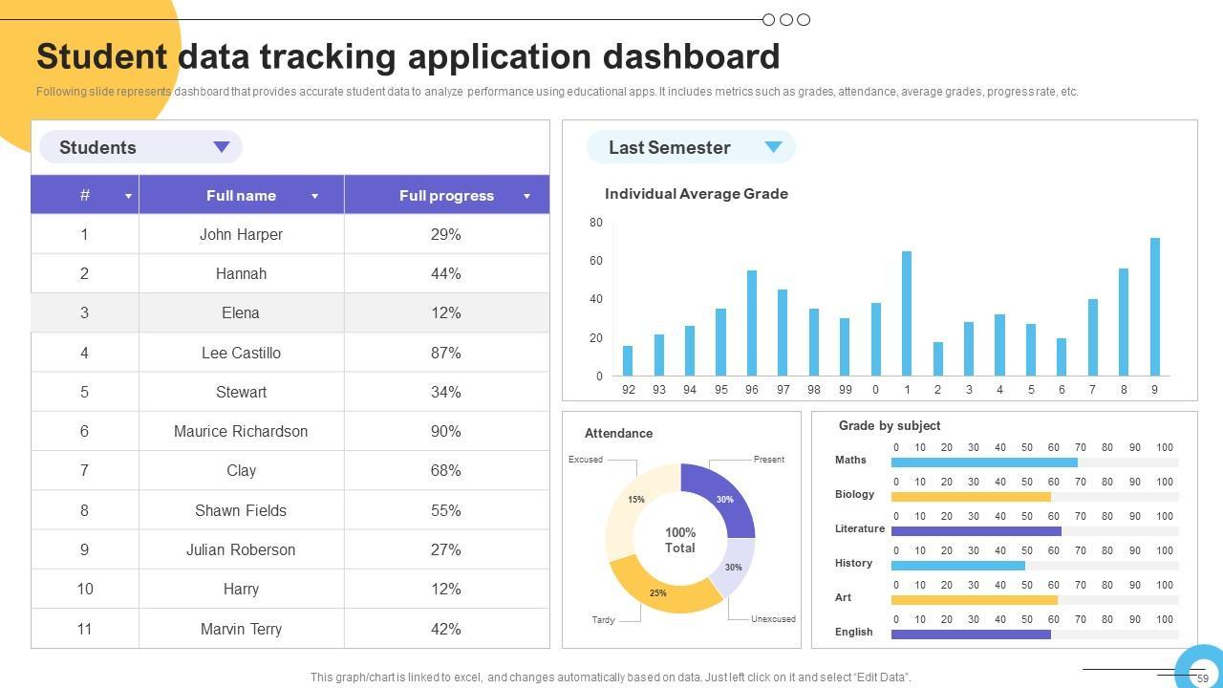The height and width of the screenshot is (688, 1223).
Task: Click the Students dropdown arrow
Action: pyautogui.click(x=222, y=147)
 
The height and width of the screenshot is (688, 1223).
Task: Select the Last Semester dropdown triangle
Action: pyautogui.click(x=773, y=147)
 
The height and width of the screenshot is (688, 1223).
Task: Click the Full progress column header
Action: pyautogui.click(x=446, y=195)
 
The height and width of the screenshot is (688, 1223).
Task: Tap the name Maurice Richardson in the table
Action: pyautogui.click(x=241, y=431)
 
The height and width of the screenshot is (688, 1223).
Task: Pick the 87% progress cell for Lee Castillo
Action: pyautogui.click(x=446, y=353)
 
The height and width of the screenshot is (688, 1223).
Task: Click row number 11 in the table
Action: pyautogui.click(x=84, y=629)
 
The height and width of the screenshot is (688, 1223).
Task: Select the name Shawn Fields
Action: pyautogui.click(x=241, y=510)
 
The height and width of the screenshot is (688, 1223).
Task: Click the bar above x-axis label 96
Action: pyautogui.click(x=752, y=323)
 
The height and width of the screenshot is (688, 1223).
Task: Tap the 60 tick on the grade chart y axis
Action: pyautogui.click(x=595, y=261)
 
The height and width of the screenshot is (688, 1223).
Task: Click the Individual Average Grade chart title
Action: pyautogui.click(x=697, y=193)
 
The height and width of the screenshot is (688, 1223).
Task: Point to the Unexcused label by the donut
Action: pyautogui.click(x=773, y=619)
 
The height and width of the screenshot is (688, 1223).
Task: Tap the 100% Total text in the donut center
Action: pyautogui.click(x=680, y=540)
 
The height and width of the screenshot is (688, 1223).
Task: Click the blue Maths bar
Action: pyautogui.click(x=984, y=462)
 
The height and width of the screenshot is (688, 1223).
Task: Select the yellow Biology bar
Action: pyautogui.click(x=971, y=497)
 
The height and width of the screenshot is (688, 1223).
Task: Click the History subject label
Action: pyautogui.click(x=853, y=563)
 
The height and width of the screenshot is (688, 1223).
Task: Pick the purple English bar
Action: pyautogui.click(x=971, y=634)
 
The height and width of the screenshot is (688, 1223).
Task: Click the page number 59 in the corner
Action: pyautogui.click(x=1203, y=678)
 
